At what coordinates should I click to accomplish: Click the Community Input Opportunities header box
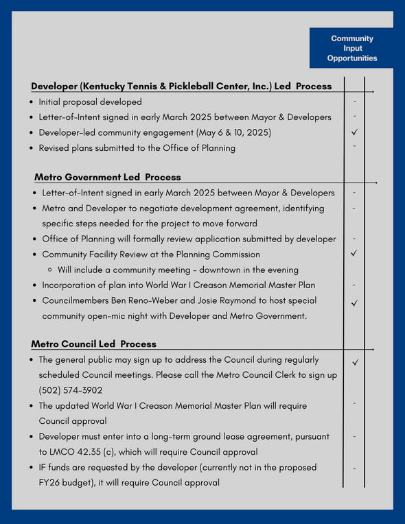point(352,49)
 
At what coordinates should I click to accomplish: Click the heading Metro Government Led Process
point(108,177)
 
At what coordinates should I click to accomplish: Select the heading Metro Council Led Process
point(93,344)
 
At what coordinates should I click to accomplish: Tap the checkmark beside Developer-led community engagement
point(354,132)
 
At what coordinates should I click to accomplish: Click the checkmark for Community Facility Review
point(354,254)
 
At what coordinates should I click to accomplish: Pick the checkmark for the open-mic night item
point(354,302)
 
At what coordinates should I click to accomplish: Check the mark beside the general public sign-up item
point(354,361)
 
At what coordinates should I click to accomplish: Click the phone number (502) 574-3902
point(71,390)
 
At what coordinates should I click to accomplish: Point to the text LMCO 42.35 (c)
point(84,451)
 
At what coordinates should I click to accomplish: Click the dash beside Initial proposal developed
point(354,102)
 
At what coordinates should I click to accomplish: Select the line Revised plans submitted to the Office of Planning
point(137,147)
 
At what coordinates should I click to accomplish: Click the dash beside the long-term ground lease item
point(354,436)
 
